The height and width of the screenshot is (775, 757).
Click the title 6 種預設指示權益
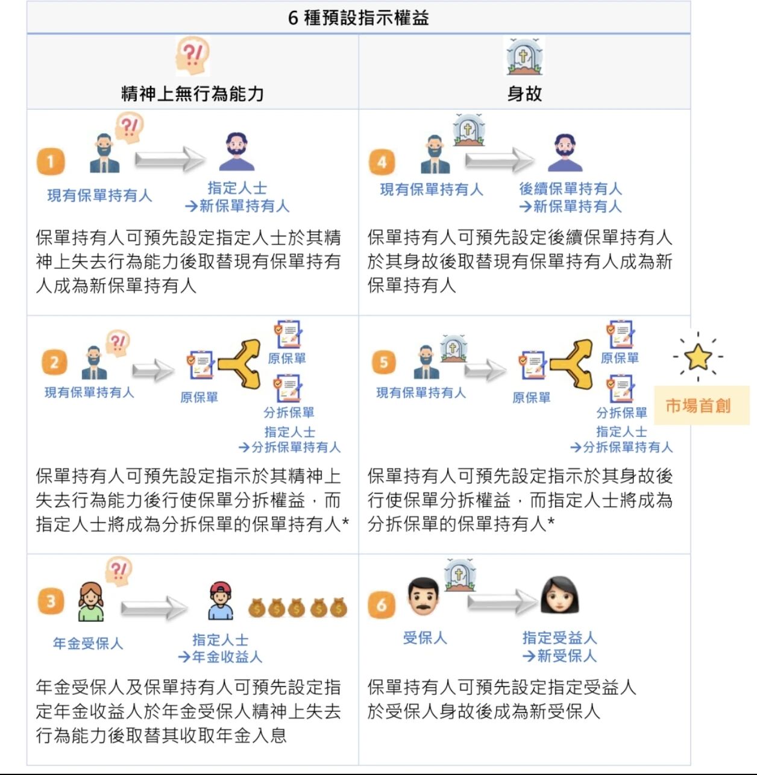click(358, 17)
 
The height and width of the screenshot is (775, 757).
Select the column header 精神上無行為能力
click(192, 93)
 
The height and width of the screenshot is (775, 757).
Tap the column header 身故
click(524, 93)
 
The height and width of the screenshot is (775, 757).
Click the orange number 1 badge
click(51, 161)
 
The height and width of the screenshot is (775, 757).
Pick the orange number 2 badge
click(54, 362)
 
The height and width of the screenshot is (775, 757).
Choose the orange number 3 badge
click(51, 601)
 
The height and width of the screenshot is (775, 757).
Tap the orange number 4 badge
click(382, 162)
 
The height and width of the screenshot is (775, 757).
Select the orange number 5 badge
click(383, 362)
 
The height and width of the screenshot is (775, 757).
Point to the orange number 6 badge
click(382, 604)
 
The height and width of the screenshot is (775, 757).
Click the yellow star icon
click(698, 356)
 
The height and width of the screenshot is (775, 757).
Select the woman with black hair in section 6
click(559, 595)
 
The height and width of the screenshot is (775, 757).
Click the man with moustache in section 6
click(424, 596)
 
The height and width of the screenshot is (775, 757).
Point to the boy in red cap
click(221, 601)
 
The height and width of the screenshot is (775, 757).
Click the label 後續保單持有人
click(570, 189)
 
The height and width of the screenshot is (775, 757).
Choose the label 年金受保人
click(88, 643)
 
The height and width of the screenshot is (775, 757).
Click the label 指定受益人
click(559, 638)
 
